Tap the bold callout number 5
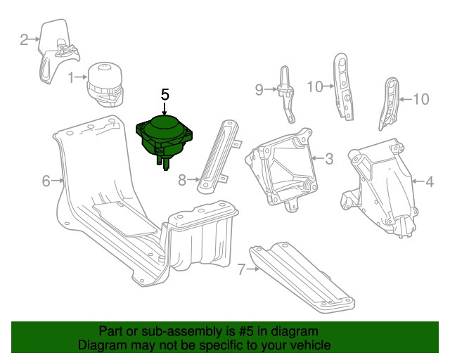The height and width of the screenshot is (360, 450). click(165, 94)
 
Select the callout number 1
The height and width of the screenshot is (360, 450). click(71, 77)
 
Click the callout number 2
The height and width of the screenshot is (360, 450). click(24, 39)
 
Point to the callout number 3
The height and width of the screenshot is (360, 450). click(329, 159)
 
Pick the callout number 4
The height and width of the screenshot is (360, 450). click(430, 181)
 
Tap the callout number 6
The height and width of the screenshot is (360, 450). click(46, 181)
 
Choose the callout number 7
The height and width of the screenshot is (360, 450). click(242, 269)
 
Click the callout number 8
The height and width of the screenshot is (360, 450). click(182, 180)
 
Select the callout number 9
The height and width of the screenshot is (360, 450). click(259, 90)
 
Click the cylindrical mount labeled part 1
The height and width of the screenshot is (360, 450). click(105, 84)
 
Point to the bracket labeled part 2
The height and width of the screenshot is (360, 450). click(58, 51)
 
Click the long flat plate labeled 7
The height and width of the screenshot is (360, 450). click(302, 278)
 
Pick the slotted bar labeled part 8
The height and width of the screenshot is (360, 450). click(219, 157)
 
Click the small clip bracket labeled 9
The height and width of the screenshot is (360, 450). click(286, 95)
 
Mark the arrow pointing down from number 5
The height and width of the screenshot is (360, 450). click(165, 110)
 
